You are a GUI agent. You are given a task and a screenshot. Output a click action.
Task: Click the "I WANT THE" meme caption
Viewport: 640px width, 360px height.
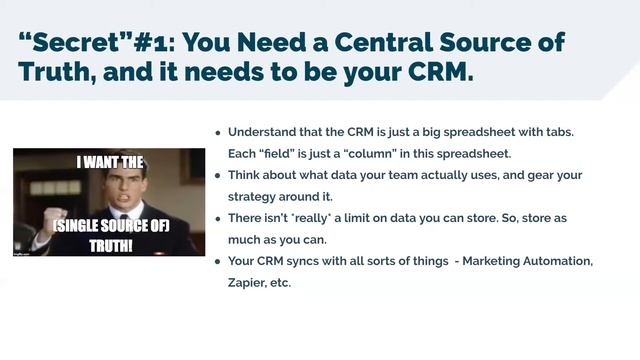109,159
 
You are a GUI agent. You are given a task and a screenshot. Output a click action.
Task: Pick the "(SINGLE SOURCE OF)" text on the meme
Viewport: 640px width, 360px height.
111,228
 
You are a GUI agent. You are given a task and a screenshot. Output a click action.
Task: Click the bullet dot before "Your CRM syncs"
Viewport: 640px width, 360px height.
218,261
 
